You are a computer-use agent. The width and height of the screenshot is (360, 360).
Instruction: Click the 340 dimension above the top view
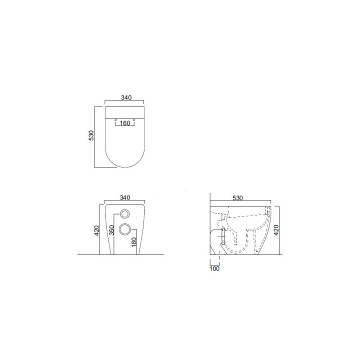coord(126,97)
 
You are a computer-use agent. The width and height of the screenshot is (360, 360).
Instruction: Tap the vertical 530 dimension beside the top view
coord(91,135)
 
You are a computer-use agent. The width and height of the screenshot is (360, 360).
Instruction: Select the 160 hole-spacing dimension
coord(125,123)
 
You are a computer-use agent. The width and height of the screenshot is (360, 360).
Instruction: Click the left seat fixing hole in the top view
coord(115,120)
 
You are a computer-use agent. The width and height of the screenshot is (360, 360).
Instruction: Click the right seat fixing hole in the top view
coord(134,120)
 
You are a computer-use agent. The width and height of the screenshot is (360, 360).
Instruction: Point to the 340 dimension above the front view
coord(125,197)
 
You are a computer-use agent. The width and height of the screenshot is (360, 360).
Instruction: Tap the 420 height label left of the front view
coord(96,230)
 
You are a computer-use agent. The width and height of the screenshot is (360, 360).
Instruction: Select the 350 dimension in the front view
coord(111,230)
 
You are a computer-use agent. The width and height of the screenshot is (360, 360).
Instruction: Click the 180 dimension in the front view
coord(134,242)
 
